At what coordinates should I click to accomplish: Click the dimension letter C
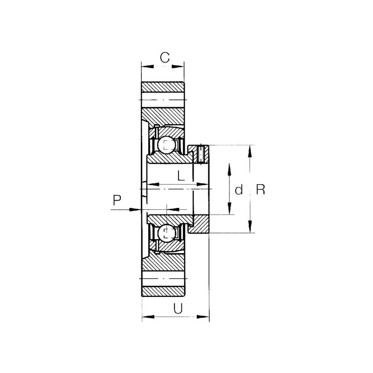pyautogui.click(x=165, y=57)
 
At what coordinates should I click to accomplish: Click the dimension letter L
pyautogui.click(x=181, y=176)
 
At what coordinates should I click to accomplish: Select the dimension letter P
pyautogui.click(x=117, y=200)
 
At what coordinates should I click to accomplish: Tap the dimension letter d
pyautogui.click(x=239, y=190)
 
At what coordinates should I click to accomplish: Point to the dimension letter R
pyautogui.click(x=261, y=190)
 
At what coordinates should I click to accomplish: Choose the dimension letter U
pyautogui.click(x=178, y=309)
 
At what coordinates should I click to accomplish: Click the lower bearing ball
pyautogui.click(x=166, y=232)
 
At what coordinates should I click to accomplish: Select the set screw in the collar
pyautogui.click(x=201, y=154)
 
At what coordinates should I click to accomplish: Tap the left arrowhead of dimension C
pyautogui.click(x=147, y=66)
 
